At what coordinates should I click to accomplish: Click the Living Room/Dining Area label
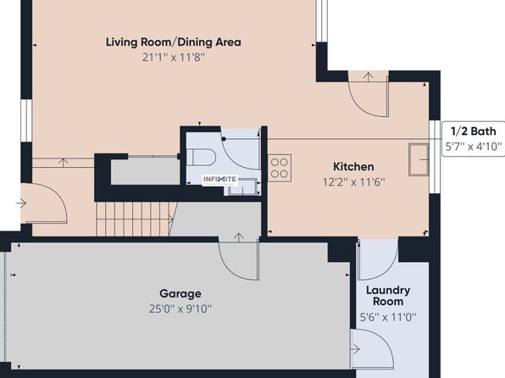173,42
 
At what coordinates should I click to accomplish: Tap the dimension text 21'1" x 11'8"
174,58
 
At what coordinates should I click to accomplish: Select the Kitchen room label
353,167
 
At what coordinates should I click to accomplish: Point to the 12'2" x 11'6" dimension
353,182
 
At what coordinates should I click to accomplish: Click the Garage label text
180,294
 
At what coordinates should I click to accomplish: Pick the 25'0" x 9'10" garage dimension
180,309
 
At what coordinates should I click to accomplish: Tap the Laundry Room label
388,296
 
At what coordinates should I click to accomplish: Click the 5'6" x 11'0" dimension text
388,318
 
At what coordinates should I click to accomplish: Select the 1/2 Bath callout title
473,131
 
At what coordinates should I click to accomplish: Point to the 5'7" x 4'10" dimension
473,147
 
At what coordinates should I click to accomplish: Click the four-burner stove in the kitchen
280,168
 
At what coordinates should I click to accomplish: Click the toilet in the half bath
201,157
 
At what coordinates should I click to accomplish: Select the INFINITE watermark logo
219,180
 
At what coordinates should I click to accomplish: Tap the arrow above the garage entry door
238,237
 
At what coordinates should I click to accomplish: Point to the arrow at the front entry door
21,203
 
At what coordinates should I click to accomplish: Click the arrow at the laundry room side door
355,349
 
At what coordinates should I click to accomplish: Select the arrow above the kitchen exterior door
368,76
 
